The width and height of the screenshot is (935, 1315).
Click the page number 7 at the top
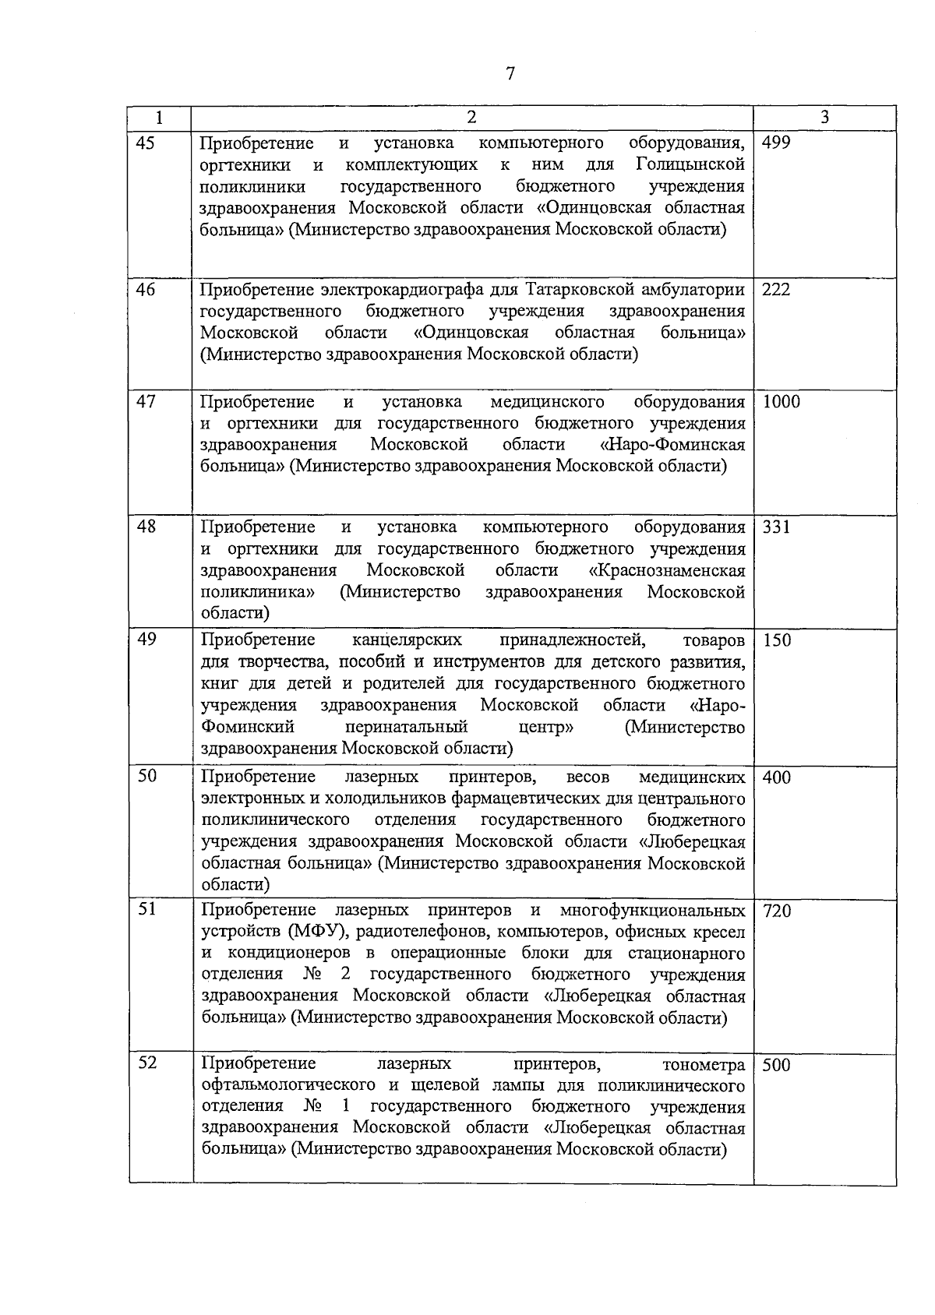(x=510, y=74)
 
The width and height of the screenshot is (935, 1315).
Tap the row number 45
(x=146, y=143)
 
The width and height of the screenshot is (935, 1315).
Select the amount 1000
(x=781, y=402)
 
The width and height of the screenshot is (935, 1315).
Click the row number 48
(x=146, y=527)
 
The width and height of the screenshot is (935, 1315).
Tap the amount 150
(x=776, y=641)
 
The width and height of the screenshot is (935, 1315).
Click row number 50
(x=146, y=777)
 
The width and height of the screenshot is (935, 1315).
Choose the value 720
(x=776, y=911)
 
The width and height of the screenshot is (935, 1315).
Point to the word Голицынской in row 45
(x=690, y=165)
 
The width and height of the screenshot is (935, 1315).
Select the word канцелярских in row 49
(x=407, y=640)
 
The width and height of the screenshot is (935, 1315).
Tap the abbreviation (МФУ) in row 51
(x=319, y=932)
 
